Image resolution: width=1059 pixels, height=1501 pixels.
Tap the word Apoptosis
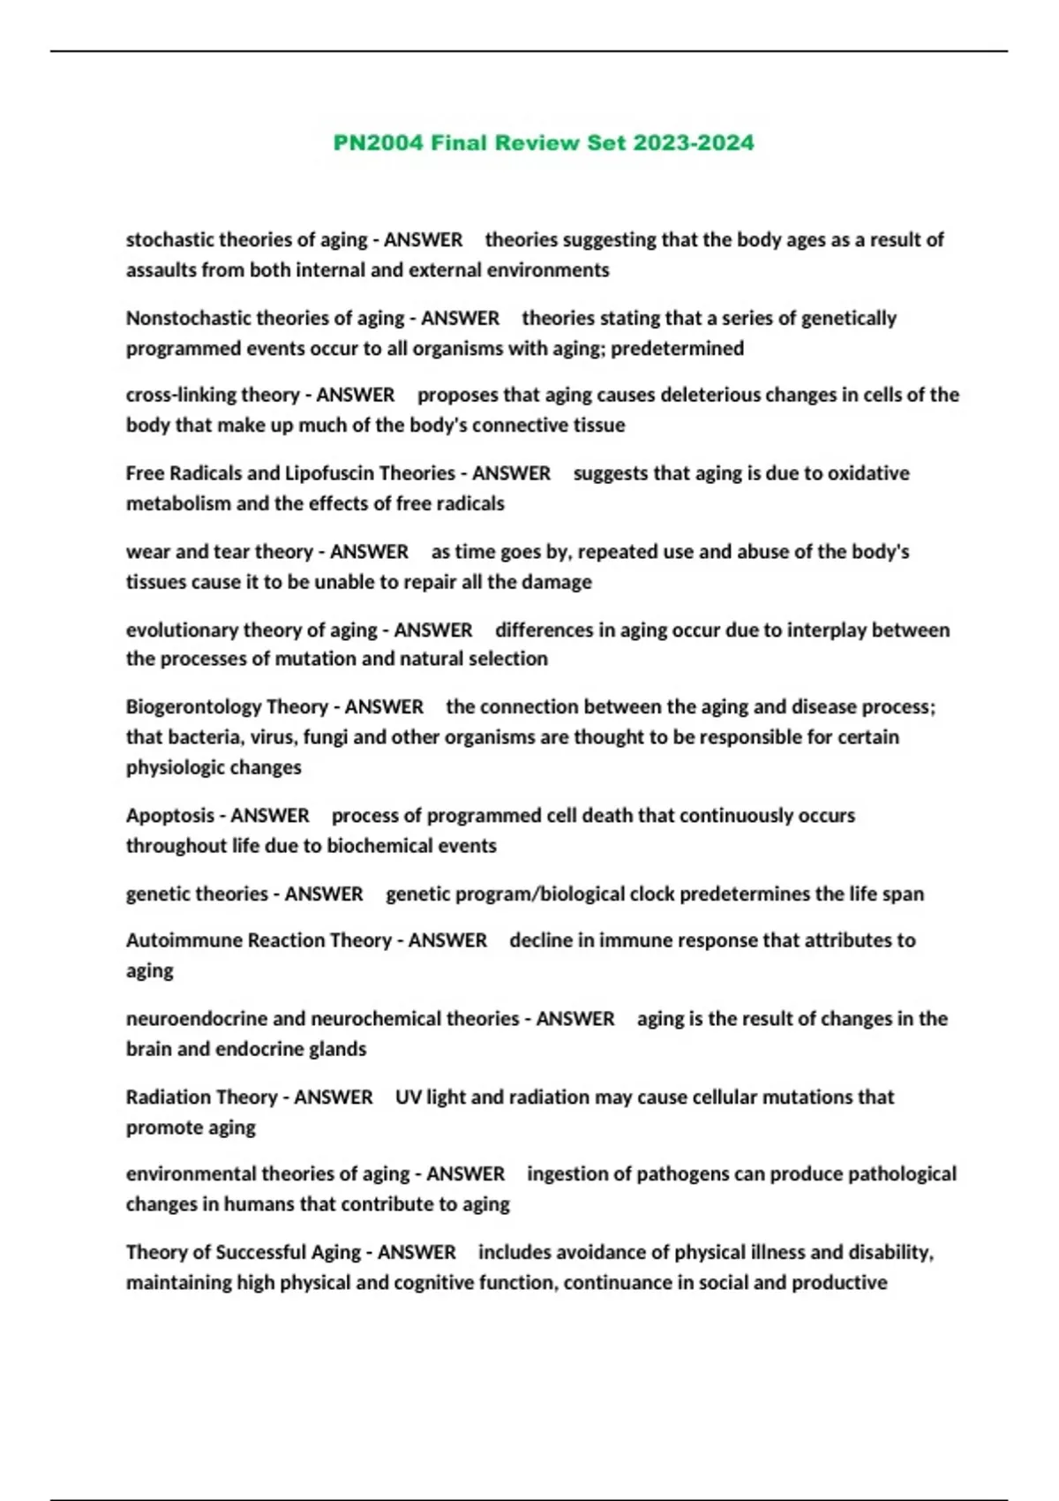[169, 816]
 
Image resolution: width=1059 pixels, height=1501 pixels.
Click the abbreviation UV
[408, 1097]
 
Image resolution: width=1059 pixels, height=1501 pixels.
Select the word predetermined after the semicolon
[677, 349]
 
